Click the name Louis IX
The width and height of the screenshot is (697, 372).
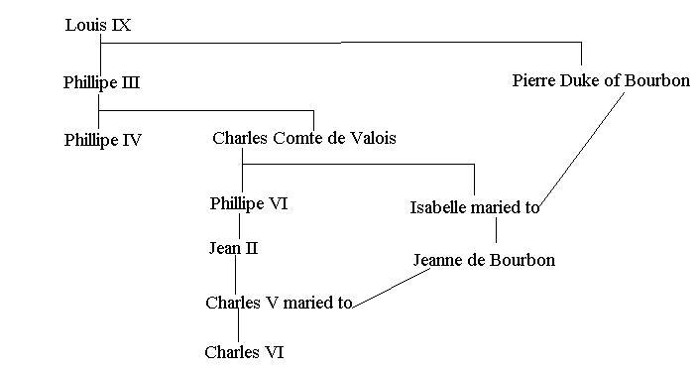[97, 25]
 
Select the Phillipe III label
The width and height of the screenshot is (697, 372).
[101, 82]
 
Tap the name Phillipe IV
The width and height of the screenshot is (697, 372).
[103, 140]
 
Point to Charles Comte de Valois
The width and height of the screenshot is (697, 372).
[303, 138]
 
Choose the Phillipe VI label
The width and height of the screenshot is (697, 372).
[249, 204]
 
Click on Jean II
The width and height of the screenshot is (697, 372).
[234, 248]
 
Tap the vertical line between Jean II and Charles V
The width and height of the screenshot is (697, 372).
[235, 275]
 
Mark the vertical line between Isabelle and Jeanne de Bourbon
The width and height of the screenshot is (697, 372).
[496, 231]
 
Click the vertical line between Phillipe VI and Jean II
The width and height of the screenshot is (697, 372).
[238, 226]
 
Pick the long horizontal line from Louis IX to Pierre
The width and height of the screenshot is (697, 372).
[342, 43]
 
